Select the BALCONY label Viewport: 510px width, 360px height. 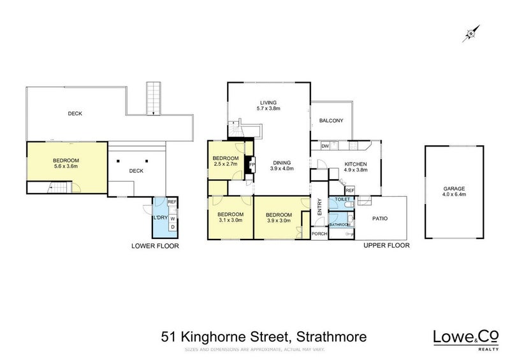(331, 121)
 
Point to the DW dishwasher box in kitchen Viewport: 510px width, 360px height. (325, 147)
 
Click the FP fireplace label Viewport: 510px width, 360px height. (251, 164)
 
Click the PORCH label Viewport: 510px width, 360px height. (319, 234)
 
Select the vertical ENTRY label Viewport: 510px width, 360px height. (319, 208)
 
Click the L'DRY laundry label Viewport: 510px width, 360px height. (159, 218)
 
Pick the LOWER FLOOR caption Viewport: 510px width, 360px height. (155, 245)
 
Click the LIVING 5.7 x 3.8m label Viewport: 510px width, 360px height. (268, 106)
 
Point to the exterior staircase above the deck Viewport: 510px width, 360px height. (153, 98)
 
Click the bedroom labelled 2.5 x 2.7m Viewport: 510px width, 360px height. (225, 161)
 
